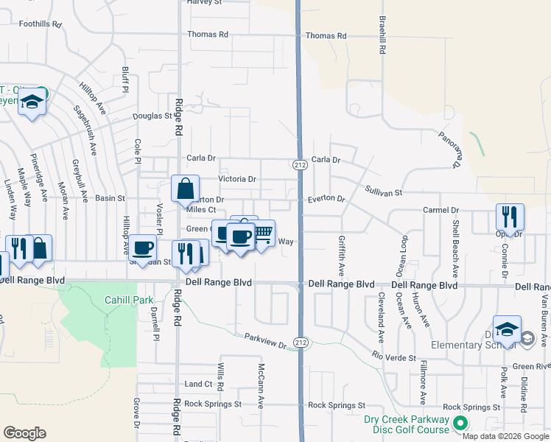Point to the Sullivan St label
(x=384, y=192)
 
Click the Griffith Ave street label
(x=341, y=252)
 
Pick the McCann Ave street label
(x=261, y=385)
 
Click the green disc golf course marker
(x=460, y=423)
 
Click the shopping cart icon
(x=262, y=234)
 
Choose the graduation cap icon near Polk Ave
(x=507, y=329)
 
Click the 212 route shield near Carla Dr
(x=299, y=164)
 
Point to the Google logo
(x=24, y=433)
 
